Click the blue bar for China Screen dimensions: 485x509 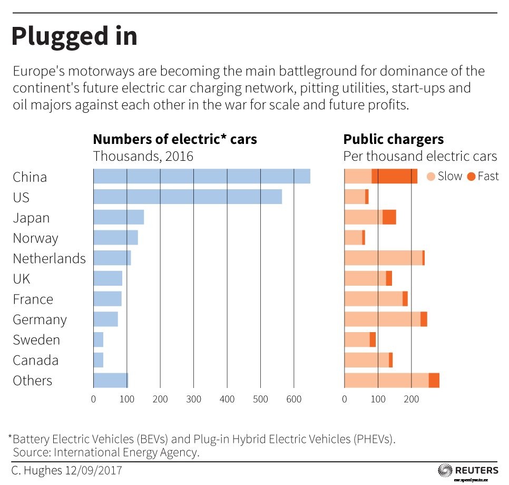201,177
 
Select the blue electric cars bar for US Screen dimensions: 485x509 187,197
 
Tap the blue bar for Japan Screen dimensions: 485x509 118,217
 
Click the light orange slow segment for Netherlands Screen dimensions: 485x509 383,258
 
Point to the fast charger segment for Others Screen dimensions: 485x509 434,380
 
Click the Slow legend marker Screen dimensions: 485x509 430,177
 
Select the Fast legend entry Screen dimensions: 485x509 482,176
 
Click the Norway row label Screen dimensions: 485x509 35,238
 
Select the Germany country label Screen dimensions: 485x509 40,319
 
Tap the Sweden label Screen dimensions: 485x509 36,340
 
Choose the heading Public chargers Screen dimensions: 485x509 393,139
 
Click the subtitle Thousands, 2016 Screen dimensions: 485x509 143,156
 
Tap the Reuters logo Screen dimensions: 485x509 467,470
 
